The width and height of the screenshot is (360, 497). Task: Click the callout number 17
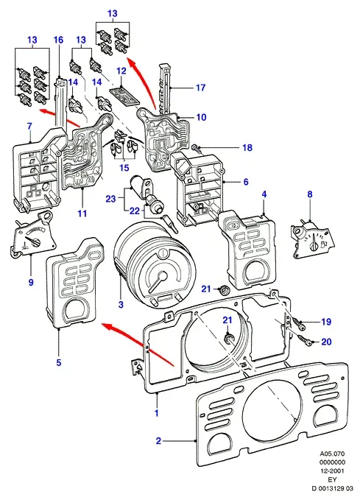pyautogui.click(x=201, y=88)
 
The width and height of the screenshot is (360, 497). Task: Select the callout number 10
pyautogui.click(x=201, y=117)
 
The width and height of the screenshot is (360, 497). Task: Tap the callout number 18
pyautogui.click(x=247, y=147)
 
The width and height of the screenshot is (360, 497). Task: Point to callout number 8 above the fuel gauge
pyautogui.click(x=310, y=194)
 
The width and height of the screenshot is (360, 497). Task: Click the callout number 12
pyautogui.click(x=121, y=71)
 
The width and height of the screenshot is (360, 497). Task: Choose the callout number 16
pyautogui.click(x=58, y=40)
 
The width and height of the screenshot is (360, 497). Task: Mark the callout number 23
pyautogui.click(x=111, y=199)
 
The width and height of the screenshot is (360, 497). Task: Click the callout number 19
pyautogui.click(x=326, y=322)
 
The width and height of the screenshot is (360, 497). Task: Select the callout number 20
pyautogui.click(x=326, y=342)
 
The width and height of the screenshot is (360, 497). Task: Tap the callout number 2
pyautogui.click(x=158, y=440)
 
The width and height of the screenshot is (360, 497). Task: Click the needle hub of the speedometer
pyautogui.click(x=163, y=275)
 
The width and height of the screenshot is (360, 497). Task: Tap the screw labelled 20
pyautogui.click(x=305, y=340)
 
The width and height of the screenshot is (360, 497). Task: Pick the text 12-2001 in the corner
pyautogui.click(x=332, y=470)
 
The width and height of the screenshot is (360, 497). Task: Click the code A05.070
pyautogui.click(x=332, y=454)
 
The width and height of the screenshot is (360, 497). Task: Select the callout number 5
pyautogui.click(x=59, y=362)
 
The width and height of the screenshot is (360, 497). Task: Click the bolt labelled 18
pyautogui.click(x=197, y=148)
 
